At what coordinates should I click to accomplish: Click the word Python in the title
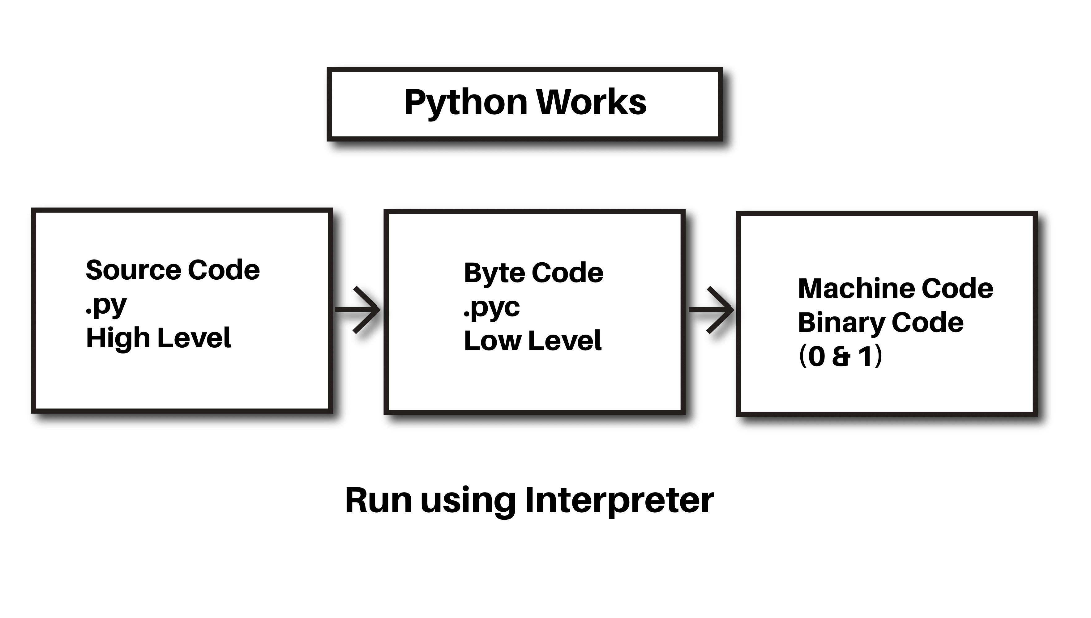click(x=466, y=103)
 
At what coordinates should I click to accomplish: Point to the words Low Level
click(x=533, y=341)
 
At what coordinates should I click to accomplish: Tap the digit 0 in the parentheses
click(x=816, y=357)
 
